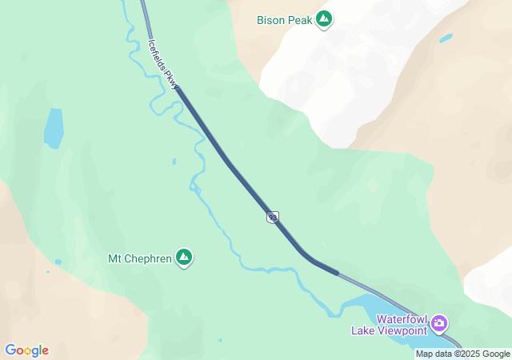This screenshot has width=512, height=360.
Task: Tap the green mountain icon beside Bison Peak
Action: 324,19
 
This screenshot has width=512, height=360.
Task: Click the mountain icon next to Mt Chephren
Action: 185,258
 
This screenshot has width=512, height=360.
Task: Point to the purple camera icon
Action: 439,324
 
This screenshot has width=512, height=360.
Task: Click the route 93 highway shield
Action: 273,217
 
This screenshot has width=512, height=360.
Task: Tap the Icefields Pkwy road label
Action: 163,62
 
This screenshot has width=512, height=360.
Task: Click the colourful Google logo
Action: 26,350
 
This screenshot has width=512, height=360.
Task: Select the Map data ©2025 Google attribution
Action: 462,354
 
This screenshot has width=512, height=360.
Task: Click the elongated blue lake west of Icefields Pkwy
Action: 53,129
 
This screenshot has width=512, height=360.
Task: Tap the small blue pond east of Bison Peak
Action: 446,38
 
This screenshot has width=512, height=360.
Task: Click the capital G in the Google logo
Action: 10,350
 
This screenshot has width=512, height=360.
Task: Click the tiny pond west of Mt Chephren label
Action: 58,262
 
